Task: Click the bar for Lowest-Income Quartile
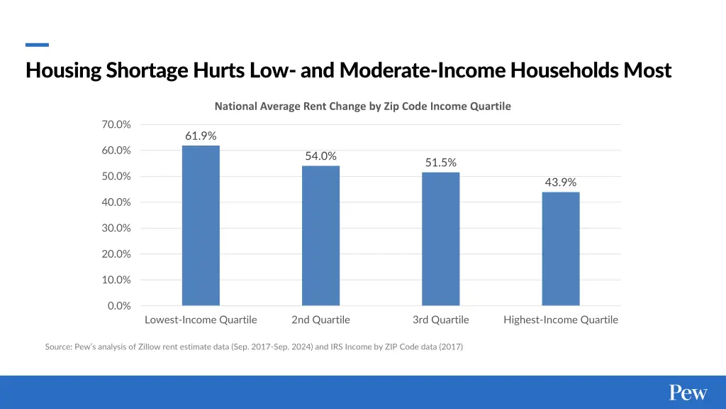click(201, 226)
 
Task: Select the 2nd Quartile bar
click(320, 236)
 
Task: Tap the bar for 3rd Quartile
click(440, 239)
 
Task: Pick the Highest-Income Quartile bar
click(561, 249)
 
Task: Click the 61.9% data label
click(201, 136)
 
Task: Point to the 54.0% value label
click(320, 156)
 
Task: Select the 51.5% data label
click(440, 163)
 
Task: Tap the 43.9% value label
click(561, 182)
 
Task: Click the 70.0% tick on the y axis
click(116, 124)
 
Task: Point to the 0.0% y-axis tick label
click(119, 306)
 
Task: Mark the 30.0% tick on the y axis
click(116, 228)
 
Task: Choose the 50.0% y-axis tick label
click(116, 176)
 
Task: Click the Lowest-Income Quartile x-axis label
click(201, 320)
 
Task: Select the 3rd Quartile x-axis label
click(440, 320)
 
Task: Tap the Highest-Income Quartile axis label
click(561, 320)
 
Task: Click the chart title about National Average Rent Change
click(362, 106)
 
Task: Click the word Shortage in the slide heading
click(147, 71)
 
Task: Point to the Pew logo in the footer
click(688, 393)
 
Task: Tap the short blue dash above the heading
click(37, 45)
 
